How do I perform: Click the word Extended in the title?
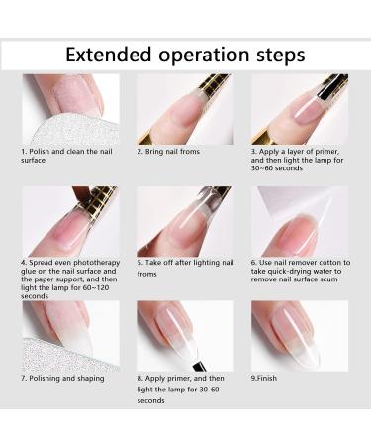(x=109, y=55)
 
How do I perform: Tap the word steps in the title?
(x=281, y=56)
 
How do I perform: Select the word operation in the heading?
(x=204, y=56)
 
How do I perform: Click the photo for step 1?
(x=70, y=109)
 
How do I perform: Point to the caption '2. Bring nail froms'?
(x=168, y=152)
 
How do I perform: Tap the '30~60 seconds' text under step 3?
(x=276, y=168)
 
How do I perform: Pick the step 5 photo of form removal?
(x=185, y=221)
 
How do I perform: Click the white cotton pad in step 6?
(x=294, y=202)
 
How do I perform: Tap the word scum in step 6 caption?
(x=328, y=279)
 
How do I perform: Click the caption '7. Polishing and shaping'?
(x=62, y=379)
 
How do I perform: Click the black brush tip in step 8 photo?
(x=200, y=366)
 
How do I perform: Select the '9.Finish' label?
(x=264, y=378)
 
